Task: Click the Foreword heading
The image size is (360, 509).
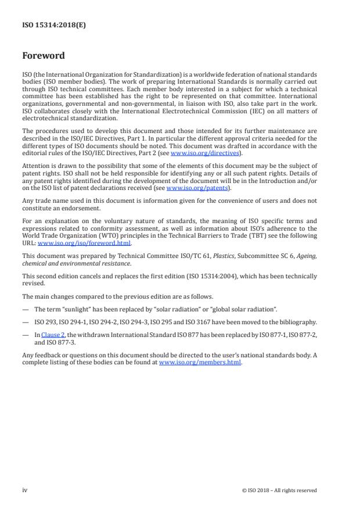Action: coord(43,56)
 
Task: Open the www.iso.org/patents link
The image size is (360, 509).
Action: coord(189,188)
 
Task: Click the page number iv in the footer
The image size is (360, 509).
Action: coord(25,490)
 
